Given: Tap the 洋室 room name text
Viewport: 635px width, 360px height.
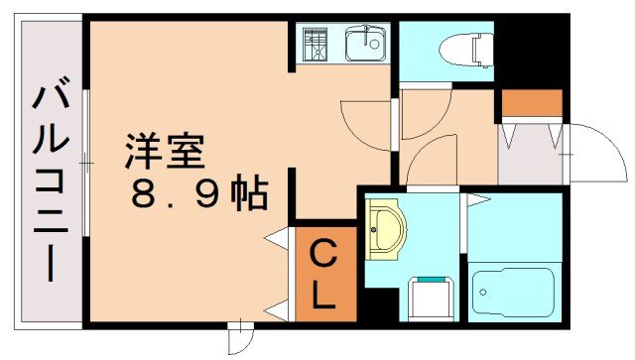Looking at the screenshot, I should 163,151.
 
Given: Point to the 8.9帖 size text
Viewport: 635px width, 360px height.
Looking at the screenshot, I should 199,192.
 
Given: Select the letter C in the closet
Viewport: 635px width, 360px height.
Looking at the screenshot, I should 325,255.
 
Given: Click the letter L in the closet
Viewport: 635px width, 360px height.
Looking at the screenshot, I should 325,296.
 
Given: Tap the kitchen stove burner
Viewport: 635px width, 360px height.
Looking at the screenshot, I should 317,44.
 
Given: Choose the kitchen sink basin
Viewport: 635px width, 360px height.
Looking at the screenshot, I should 365,43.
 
